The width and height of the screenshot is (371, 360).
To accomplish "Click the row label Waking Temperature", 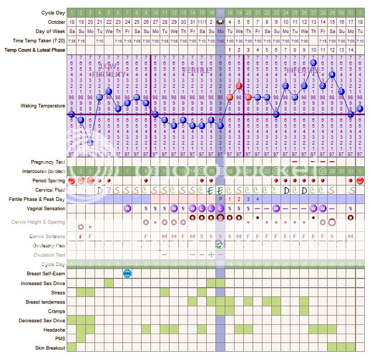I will tap(43, 106).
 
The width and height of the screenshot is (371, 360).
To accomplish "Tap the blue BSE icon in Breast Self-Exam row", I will tap(127, 273).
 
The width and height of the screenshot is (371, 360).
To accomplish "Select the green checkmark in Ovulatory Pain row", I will tap(220, 245).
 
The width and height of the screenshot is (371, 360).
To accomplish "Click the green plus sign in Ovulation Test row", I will tap(211, 255).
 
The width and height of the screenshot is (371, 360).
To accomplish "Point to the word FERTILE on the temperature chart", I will tap(196, 70).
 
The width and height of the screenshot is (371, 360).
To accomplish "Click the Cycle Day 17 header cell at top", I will tap(221, 12).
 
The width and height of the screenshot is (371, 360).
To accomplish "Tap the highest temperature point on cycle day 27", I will tap(313, 62).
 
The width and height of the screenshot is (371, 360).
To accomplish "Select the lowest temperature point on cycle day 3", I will tap(90, 143).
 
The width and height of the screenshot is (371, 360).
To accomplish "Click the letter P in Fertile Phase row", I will tap(221, 199).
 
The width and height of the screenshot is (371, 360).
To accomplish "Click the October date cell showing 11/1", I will tap(202, 22).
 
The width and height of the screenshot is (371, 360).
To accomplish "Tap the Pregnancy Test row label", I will tap(48, 162).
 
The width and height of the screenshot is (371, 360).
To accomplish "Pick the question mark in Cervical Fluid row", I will tap(109, 190).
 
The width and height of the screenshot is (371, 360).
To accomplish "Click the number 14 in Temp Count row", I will tap(351, 50).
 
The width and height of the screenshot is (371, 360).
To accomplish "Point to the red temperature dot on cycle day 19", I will tap(239, 86).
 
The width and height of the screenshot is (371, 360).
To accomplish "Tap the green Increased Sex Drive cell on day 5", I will tap(109, 283).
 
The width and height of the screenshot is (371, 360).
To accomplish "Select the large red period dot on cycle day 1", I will tap(71, 181).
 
